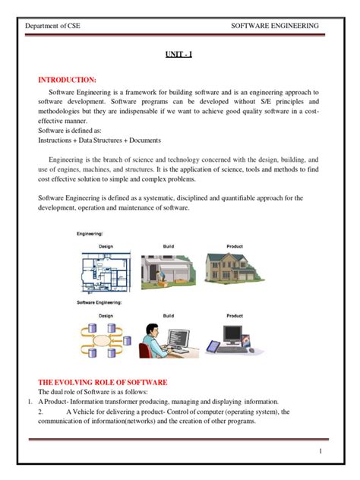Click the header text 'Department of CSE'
52,26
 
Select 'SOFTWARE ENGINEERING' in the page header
274,26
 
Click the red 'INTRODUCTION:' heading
67,79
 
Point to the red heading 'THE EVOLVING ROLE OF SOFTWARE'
103,381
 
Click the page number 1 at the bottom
321,452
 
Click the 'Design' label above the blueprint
106,246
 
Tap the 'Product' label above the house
234,246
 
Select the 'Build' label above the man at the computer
169,315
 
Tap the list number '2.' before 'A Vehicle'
41,412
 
